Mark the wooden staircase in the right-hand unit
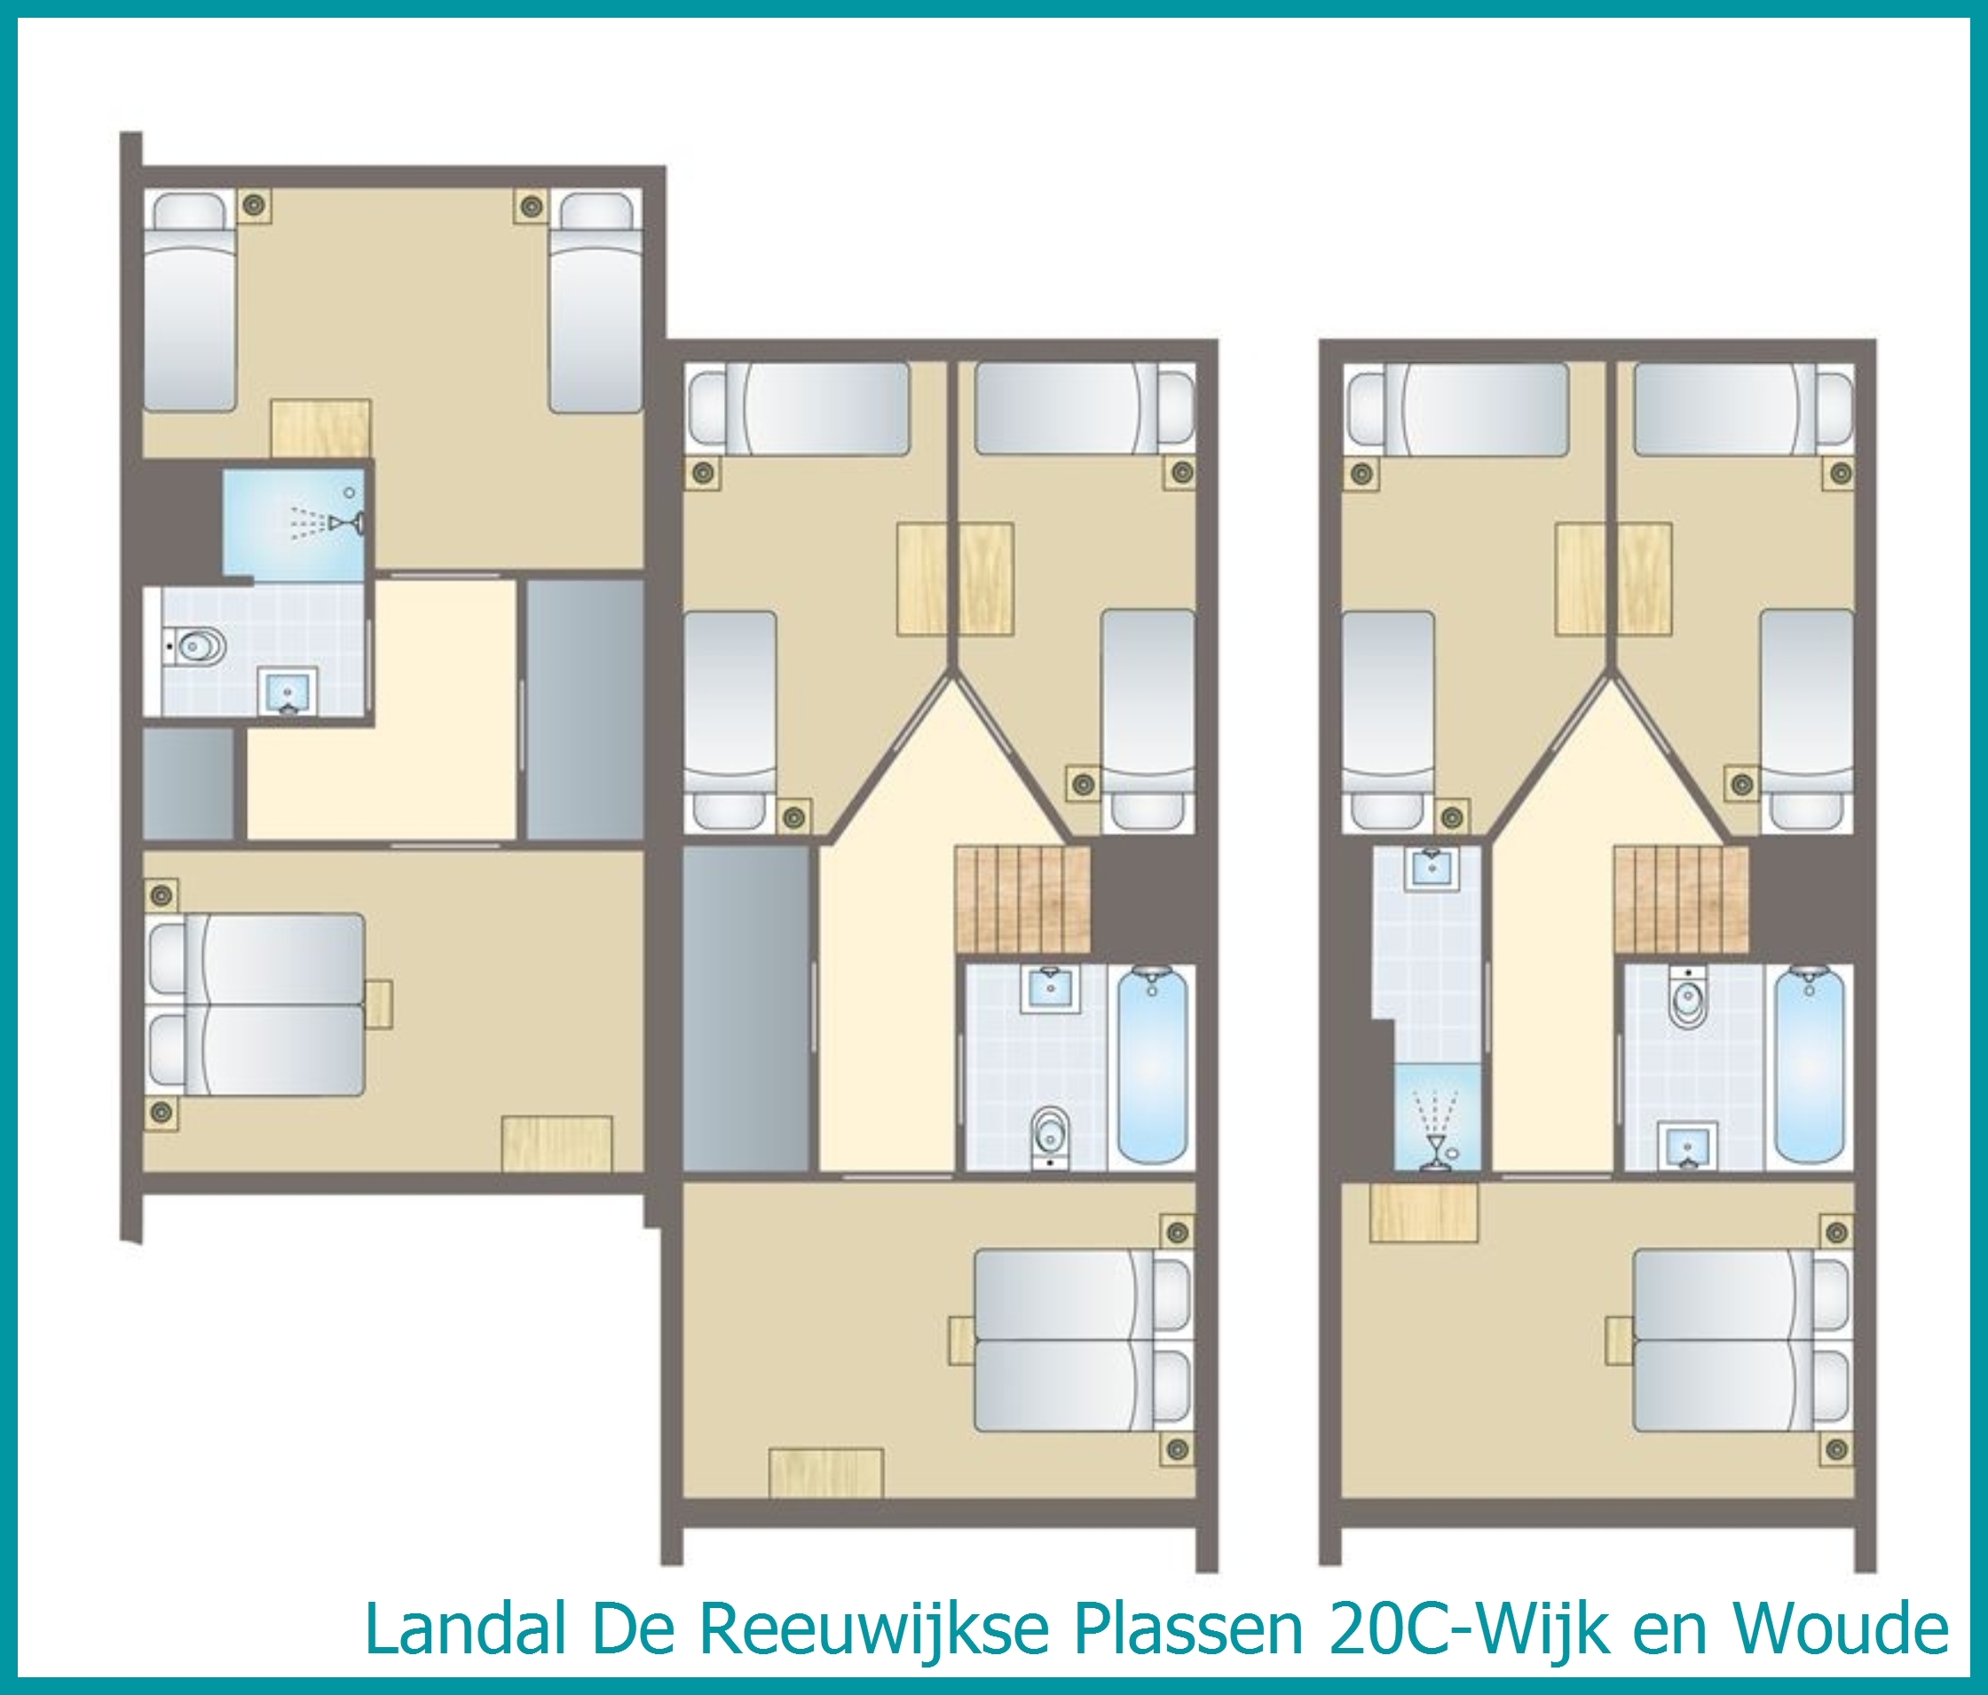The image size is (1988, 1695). click(1681, 900)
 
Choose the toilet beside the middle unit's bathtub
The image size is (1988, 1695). click(1050, 1139)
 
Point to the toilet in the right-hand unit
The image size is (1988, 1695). click(1684, 997)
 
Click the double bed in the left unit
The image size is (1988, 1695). click(257, 1005)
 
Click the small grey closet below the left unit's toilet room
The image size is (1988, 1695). click(189, 784)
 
